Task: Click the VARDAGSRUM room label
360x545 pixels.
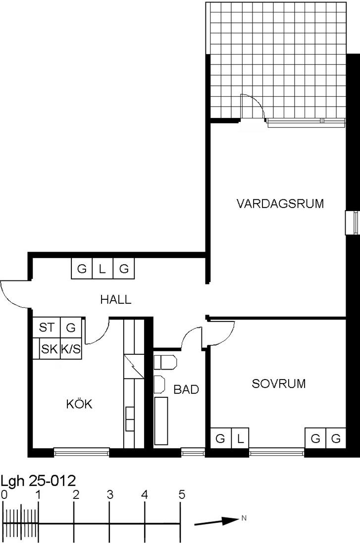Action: click(280, 203)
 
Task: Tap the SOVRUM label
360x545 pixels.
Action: click(279, 383)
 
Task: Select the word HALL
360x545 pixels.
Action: click(116, 299)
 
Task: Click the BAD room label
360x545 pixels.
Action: click(186, 389)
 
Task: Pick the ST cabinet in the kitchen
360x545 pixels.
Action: click(47, 327)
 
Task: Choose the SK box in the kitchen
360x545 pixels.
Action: click(50, 349)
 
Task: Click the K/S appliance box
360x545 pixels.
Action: click(71, 349)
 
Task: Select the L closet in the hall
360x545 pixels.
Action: click(103, 269)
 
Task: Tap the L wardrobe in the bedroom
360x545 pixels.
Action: click(240, 438)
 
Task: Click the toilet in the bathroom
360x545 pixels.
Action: click(165, 362)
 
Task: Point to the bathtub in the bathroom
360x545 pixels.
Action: click(161, 421)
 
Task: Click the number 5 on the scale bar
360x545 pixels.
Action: click(182, 494)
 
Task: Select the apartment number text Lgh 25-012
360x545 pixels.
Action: click(38, 481)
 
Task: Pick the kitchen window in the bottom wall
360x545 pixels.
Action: click(82, 452)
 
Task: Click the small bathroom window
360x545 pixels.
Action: click(193, 452)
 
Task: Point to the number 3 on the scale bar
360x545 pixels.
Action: click(110, 494)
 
